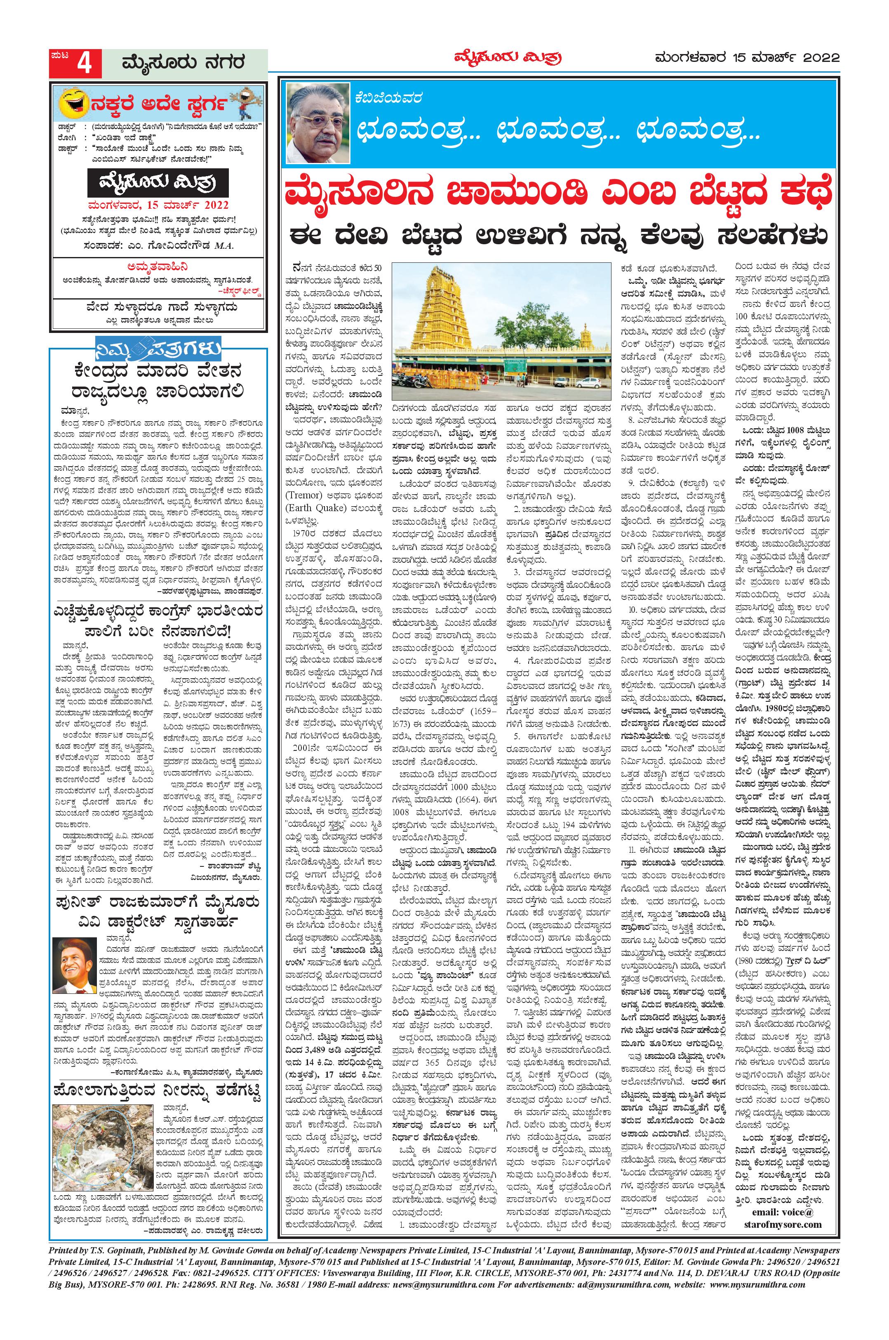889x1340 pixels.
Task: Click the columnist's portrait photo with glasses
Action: (317, 123)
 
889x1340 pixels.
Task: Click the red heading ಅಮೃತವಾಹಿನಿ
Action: (158, 267)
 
